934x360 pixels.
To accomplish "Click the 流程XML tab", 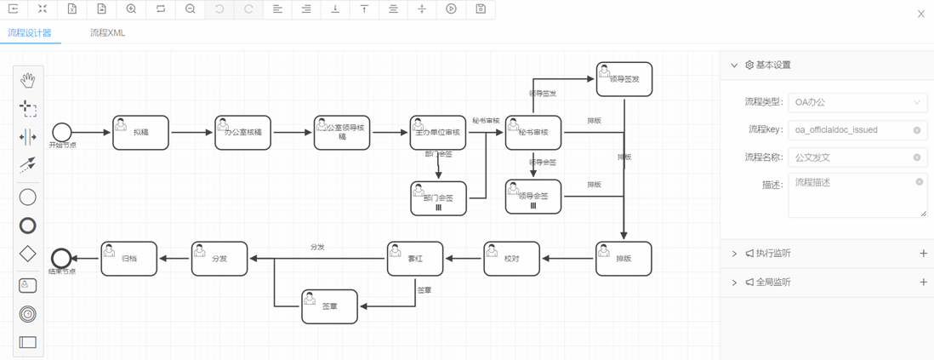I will tap(108, 33).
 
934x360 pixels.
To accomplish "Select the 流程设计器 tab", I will tap(30, 33).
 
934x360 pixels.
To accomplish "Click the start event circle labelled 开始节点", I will tap(61, 132).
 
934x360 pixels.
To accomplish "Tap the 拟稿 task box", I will tap(140, 133).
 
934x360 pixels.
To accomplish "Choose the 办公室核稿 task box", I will tap(242, 133).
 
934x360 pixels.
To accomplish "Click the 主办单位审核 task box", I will tap(438, 133).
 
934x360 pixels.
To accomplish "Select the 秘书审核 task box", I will tap(533, 133).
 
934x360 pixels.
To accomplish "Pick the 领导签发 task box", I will tap(624, 79).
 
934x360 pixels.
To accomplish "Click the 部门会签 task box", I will tap(438, 197).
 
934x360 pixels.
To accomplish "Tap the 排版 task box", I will tap(624, 259).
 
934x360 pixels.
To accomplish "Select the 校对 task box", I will tap(511, 259).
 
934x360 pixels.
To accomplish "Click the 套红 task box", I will tap(415, 259).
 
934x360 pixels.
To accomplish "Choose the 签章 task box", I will tap(329, 306).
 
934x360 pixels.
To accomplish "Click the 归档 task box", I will tap(129, 259).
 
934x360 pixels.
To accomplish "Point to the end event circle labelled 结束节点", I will tap(61, 258).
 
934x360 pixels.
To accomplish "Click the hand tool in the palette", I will tap(28, 81).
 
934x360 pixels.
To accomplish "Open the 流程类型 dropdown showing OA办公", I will tap(857, 103).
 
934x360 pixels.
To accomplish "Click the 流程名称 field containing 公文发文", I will tap(851, 157).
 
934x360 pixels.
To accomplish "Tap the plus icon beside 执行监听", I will tap(923, 254).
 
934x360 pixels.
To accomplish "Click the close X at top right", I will tap(920, 14).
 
